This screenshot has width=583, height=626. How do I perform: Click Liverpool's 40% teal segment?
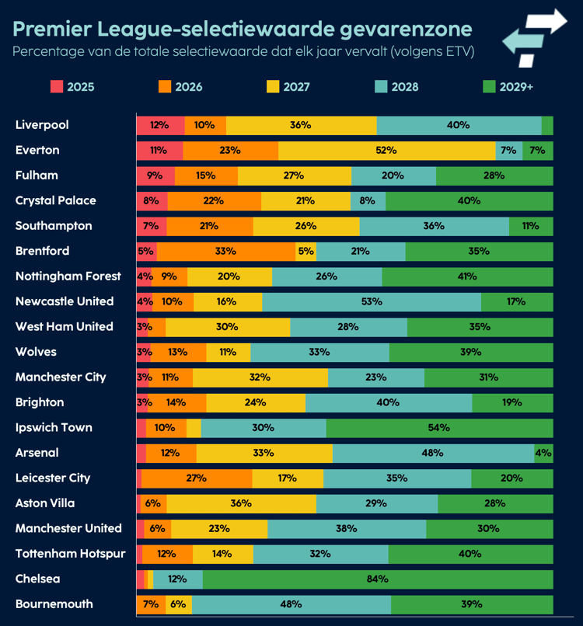point(459,125)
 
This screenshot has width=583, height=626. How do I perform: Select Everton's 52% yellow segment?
point(386,150)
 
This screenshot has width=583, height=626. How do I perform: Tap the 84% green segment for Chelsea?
point(378,579)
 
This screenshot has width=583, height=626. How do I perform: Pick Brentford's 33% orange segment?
point(225,251)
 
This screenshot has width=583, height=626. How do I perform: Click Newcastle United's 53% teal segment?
point(372,301)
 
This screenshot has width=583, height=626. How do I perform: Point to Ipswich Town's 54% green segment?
point(439,428)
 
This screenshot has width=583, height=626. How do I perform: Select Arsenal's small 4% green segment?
point(543,453)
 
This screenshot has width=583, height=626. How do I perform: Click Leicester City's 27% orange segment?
point(197,478)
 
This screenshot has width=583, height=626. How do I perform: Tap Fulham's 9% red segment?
point(155,176)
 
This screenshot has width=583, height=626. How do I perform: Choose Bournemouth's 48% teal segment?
point(291,604)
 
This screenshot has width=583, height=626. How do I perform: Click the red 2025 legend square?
point(57,86)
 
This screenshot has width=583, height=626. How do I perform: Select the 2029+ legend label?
point(516,86)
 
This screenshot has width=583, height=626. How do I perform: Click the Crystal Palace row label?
point(55,200)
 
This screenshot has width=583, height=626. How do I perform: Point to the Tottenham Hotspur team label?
point(70,554)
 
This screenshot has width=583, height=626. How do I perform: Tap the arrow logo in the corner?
point(536,36)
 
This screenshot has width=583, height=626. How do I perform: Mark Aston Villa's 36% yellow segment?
point(241,503)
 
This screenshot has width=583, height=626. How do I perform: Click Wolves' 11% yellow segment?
point(228,352)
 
